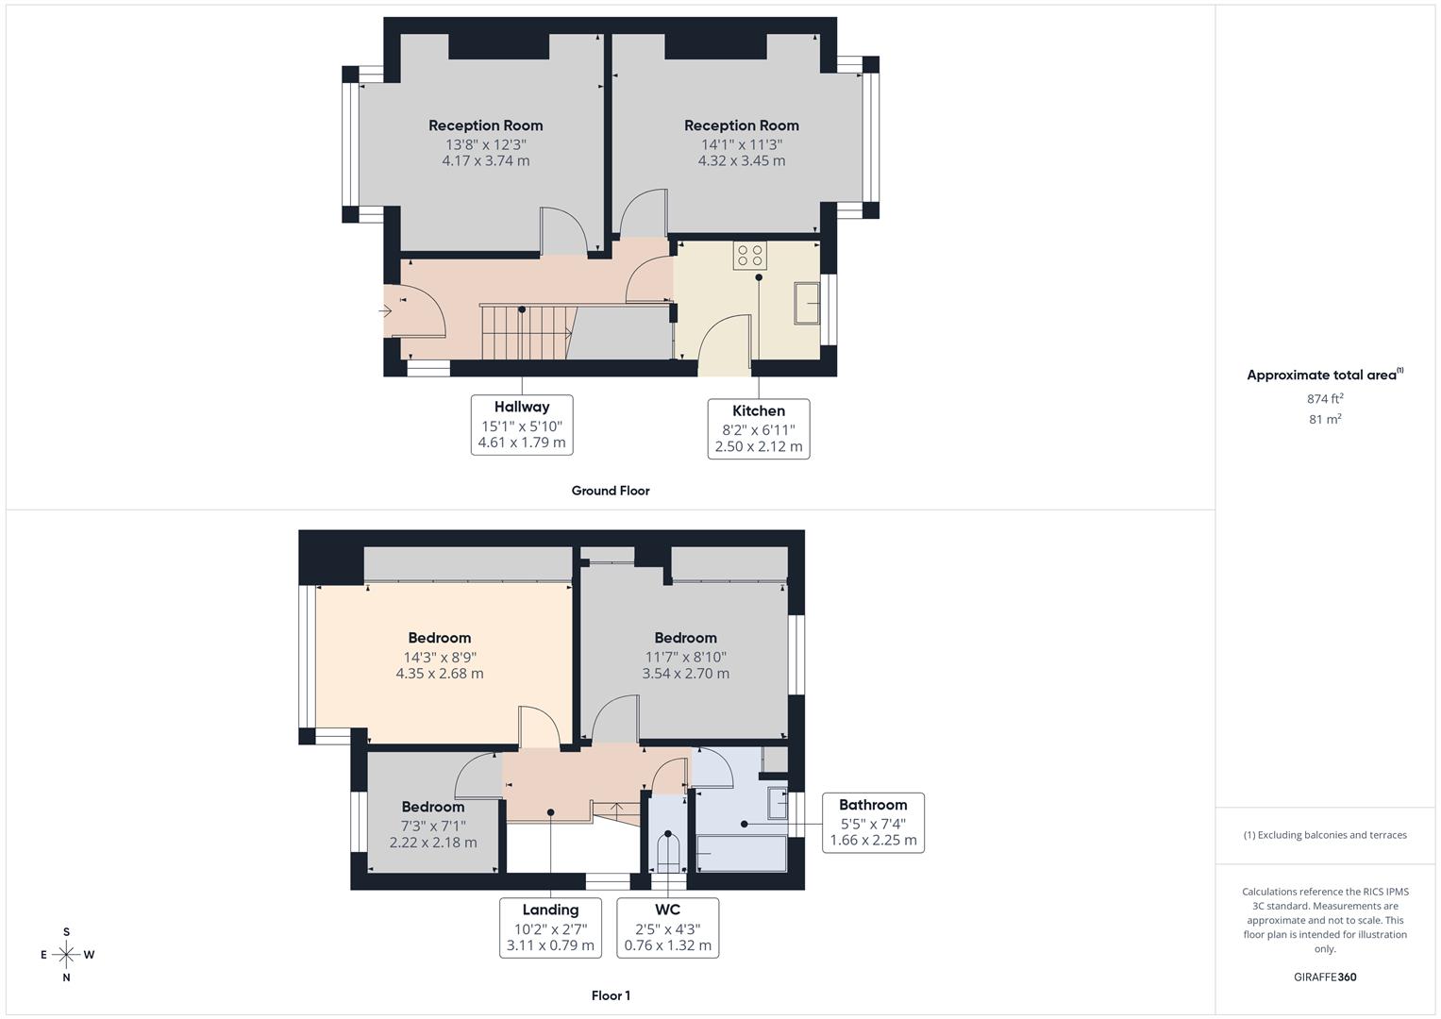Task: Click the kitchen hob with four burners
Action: (750, 256)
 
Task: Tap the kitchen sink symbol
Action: (807, 303)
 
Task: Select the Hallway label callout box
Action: (522, 425)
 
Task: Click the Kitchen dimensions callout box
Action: (759, 428)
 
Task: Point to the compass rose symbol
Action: (66, 955)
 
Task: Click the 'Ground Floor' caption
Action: (611, 491)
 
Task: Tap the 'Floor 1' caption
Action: (611, 995)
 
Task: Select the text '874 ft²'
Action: (1325, 399)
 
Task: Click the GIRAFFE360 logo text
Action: (1325, 977)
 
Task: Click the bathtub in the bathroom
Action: (741, 854)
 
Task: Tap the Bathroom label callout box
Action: (873, 823)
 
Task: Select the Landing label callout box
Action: (550, 927)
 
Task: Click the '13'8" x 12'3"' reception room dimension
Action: (486, 144)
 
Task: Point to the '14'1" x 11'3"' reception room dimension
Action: (741, 144)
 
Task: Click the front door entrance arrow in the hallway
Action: (385, 310)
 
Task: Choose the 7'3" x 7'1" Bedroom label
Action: (433, 807)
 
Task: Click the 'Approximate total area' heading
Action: (1324, 375)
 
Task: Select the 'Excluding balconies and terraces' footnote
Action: (1325, 835)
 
